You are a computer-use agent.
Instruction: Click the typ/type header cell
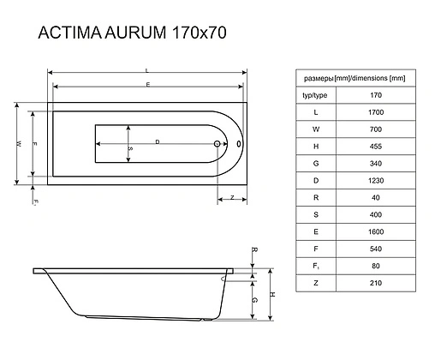pyautogui.click(x=317, y=95)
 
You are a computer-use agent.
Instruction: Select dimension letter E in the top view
pyautogui.click(x=147, y=84)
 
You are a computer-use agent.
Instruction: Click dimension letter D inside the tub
pyautogui.click(x=158, y=140)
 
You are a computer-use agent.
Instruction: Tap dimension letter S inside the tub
pyautogui.click(x=131, y=148)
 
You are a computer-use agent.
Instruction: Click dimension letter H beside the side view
pyautogui.click(x=271, y=294)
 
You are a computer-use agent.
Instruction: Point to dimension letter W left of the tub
pyautogui.click(x=17, y=143)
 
